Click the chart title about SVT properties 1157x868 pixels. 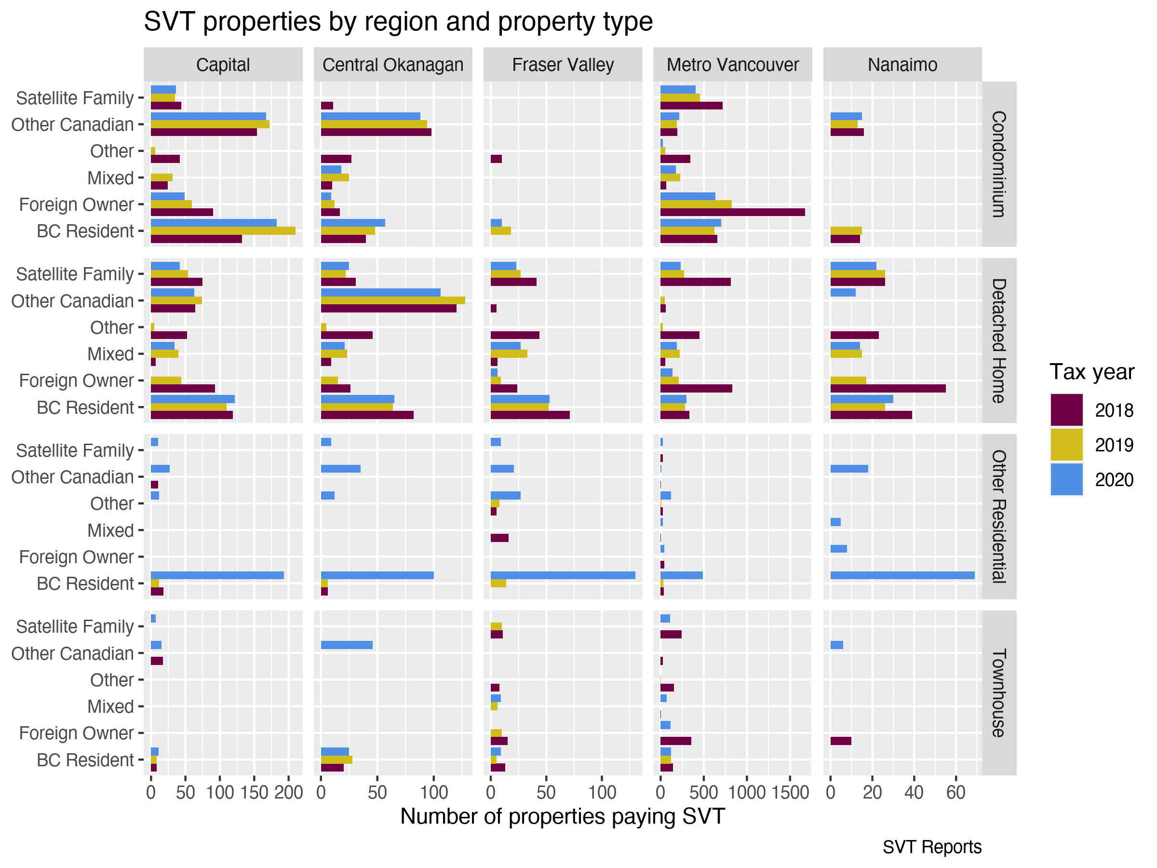[x=398, y=22]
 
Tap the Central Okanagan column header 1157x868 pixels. [x=392, y=65]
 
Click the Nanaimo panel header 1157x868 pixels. [x=902, y=65]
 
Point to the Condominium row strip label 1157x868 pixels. [x=998, y=164]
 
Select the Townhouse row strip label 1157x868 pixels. [x=998, y=693]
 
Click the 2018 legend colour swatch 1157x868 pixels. [x=1066, y=410]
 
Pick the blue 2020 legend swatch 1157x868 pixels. [x=1066, y=479]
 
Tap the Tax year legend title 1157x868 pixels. [x=1091, y=372]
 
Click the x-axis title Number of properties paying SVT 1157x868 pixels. [x=562, y=816]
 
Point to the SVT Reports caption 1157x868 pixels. [x=931, y=847]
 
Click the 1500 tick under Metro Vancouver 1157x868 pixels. [x=790, y=793]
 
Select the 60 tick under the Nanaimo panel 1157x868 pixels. [x=955, y=793]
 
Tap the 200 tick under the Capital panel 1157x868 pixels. [x=288, y=793]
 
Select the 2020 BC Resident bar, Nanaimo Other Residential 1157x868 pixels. [x=902, y=575]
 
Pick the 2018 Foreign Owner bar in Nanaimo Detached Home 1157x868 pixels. [x=887, y=389]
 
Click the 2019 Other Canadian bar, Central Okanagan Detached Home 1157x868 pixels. [x=392, y=300]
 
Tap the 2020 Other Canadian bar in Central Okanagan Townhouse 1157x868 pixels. [x=346, y=645]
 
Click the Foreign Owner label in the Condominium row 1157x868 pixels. [x=76, y=204]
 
